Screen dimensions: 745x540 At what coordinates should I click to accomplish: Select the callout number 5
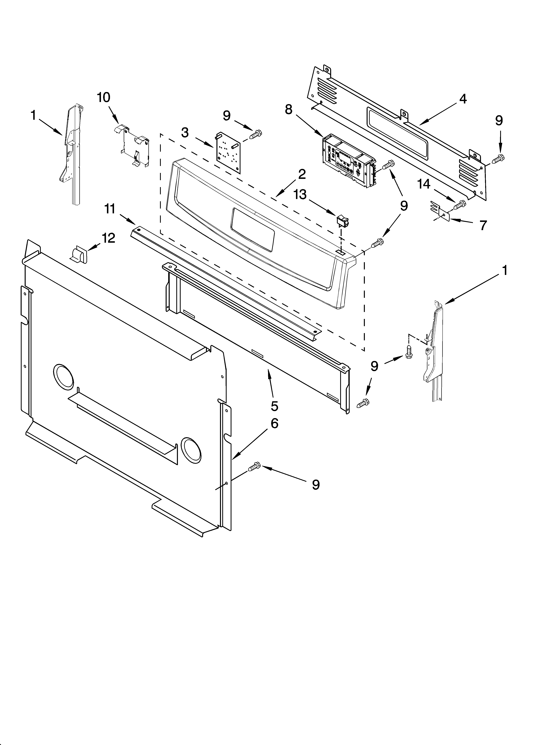tap(274, 406)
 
